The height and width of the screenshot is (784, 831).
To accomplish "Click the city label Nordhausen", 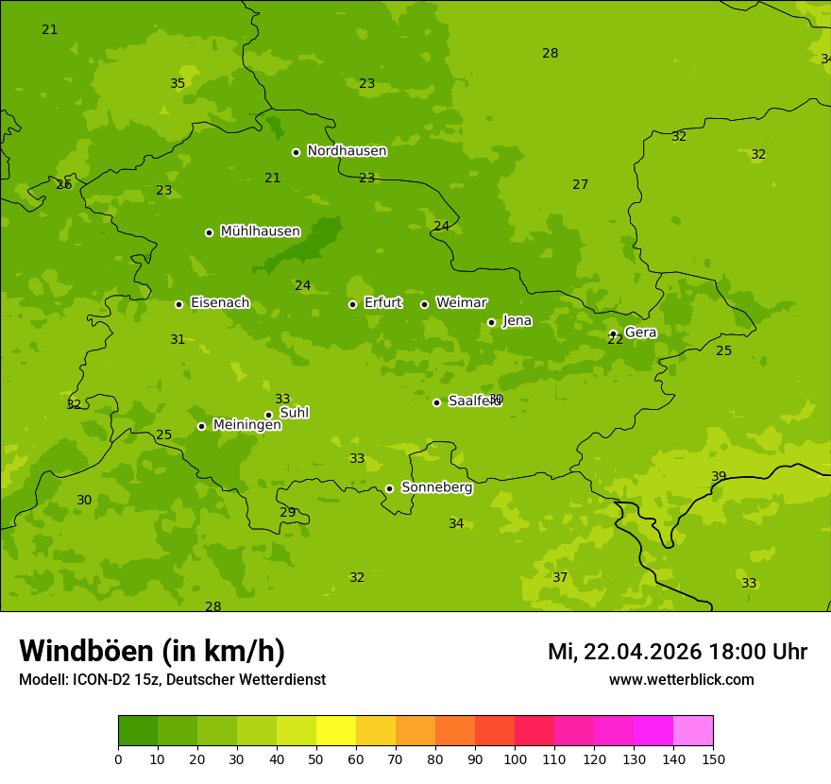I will (347, 151).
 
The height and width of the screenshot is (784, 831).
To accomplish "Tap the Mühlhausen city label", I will (260, 231).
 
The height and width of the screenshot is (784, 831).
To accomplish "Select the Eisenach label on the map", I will (220, 303).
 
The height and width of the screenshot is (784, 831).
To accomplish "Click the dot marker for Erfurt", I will (352, 304).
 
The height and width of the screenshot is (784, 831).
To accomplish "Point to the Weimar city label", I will (461, 303).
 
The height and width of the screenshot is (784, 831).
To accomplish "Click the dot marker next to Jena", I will (491, 322).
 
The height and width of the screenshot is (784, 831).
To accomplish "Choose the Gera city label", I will (640, 332).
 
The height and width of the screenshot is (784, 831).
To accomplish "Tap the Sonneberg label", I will (436, 487).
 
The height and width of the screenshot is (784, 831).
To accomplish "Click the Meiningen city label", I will (246, 425).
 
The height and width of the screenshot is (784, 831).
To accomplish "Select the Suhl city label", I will (294, 413).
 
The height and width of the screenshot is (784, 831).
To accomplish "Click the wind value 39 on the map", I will (719, 477).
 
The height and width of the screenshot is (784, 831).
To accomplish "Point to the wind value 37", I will (560, 577).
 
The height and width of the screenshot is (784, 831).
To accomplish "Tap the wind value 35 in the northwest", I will (178, 84).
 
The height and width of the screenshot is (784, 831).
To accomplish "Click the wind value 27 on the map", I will (580, 185).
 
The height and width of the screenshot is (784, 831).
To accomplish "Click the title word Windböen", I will (86, 651).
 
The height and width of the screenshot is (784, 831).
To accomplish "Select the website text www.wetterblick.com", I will (681, 679).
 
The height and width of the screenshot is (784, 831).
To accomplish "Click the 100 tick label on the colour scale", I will (515, 758).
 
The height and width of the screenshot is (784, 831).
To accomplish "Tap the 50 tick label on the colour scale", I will (316, 758).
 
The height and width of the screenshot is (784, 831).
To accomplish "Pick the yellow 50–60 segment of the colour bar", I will (336, 730).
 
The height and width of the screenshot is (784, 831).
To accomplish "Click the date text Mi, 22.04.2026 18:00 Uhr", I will (677, 652).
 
